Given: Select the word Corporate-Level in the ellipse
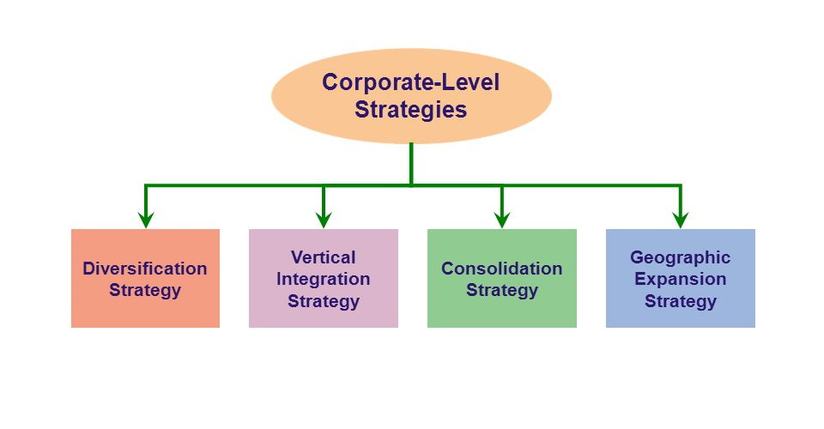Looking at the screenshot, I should tap(410, 82).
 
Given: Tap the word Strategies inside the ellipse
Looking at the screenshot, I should tap(410, 110).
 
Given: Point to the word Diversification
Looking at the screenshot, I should tap(145, 269).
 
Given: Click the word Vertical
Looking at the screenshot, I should tap(324, 257).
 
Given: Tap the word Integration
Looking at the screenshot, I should tap(324, 280).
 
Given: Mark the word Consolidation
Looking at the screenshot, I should tap(502, 269).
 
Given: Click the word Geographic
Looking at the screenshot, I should tap(681, 257).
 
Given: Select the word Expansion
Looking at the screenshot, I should tap(681, 280).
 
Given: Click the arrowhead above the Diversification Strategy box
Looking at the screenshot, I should tap(145, 219).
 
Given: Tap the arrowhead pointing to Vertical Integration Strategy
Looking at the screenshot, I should tap(324, 219).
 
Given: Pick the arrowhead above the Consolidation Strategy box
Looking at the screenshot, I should tap(502, 219).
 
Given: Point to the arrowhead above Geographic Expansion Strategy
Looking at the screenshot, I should tap(681, 219).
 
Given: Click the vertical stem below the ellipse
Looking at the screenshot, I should tap(411, 163).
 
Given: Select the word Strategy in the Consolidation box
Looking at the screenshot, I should tap(502, 290).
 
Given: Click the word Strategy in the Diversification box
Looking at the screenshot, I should tap(145, 290).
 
